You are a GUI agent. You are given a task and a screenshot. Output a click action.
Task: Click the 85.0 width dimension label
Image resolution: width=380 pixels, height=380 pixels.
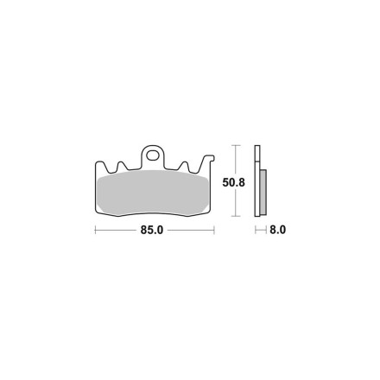[x=152, y=230]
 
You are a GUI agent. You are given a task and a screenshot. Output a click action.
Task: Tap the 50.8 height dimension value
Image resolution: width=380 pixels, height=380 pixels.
[x=233, y=182]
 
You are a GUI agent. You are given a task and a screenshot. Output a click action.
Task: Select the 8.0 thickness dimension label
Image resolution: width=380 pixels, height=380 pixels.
[x=277, y=230]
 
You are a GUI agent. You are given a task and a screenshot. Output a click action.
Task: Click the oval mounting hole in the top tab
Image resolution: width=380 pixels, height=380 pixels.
[x=152, y=155]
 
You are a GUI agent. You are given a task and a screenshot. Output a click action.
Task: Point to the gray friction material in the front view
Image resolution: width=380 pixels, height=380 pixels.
[x=153, y=193]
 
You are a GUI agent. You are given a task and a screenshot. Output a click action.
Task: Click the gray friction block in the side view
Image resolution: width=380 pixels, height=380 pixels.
[x=263, y=193]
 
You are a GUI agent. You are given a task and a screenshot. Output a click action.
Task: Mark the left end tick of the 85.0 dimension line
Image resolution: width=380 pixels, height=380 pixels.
[x=95, y=230]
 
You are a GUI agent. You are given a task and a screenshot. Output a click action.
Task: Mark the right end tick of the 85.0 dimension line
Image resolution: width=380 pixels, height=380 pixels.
[x=214, y=230]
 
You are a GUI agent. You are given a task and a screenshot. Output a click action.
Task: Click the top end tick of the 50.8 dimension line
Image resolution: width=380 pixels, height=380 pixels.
[x=236, y=145]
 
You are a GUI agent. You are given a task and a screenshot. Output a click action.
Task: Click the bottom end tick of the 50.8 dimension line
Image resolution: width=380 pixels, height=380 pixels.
[x=236, y=216]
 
